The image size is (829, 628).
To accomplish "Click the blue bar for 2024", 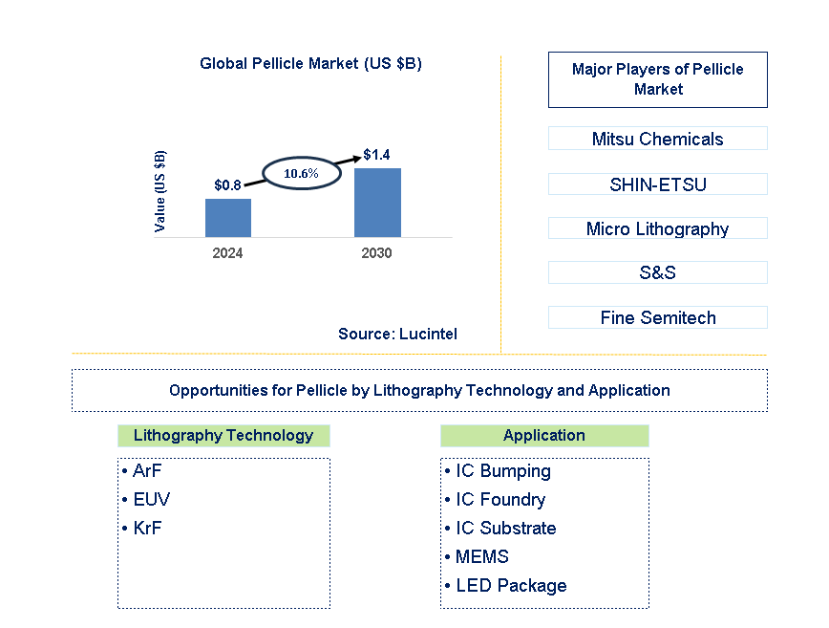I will click(x=228, y=218).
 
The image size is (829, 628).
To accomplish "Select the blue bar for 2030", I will click(x=377, y=203).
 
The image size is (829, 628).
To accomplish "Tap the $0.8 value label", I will click(x=227, y=185).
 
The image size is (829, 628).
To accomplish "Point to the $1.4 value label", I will click(x=377, y=154).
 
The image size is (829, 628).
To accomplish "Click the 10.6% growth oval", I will click(x=301, y=173).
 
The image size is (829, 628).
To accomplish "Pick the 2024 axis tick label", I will click(x=227, y=253).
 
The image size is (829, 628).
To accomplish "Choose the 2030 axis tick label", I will click(x=377, y=253).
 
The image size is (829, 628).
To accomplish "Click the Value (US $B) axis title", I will click(x=159, y=191).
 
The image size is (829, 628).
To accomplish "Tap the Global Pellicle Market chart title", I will click(x=310, y=64).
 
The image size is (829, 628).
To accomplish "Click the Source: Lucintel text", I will click(x=397, y=334).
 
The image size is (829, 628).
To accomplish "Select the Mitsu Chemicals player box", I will click(x=657, y=139).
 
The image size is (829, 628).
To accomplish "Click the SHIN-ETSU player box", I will click(x=657, y=184).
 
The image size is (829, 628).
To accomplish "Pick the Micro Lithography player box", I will click(x=657, y=228).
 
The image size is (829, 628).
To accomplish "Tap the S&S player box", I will click(x=657, y=272).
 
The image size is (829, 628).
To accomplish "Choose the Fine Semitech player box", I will click(x=657, y=317).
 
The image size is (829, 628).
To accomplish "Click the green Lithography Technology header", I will click(x=223, y=436).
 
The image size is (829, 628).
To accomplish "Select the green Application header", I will click(x=544, y=436).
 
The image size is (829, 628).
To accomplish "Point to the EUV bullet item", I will click(x=151, y=499).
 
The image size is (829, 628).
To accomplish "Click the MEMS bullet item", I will click(x=481, y=556).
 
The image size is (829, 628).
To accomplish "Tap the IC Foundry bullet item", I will click(x=500, y=499).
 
